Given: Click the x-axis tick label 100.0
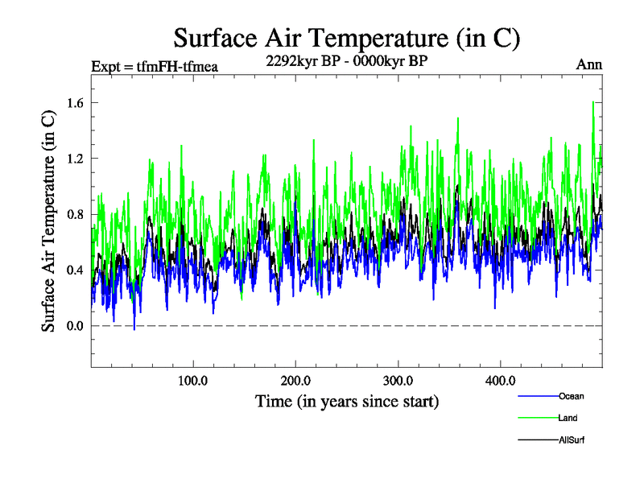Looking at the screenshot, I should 193,380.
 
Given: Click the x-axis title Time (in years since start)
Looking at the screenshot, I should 347,400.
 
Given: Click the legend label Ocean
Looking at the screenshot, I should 571,396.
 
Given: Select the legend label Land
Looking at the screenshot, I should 568,418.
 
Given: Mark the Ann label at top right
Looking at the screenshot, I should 589,65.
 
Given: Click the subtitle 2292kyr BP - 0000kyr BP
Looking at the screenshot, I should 346,59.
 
